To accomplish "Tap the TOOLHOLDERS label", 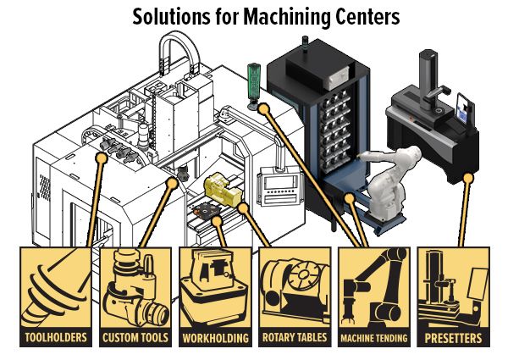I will (55, 338).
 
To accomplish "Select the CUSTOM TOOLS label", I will (135, 338).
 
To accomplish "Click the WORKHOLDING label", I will (215, 338).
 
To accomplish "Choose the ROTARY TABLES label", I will (295, 338).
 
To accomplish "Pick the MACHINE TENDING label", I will (374, 338).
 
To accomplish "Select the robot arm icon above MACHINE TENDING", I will (374, 288).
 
